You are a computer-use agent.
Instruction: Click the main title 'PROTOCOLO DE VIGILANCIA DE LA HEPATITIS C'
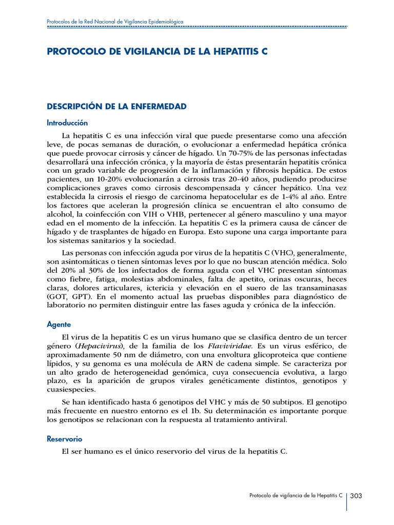pos(157,52)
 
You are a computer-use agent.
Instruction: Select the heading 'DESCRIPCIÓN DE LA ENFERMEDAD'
pos(116,107)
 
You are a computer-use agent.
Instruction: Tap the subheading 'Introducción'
pos(67,123)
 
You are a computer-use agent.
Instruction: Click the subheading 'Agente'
pos(58,325)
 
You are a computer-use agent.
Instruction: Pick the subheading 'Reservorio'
pos(64,439)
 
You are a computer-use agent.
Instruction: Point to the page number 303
pos(357,496)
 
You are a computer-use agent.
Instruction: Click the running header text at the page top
pos(115,22)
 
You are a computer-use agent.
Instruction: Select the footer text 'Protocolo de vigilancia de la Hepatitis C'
pos(296,496)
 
